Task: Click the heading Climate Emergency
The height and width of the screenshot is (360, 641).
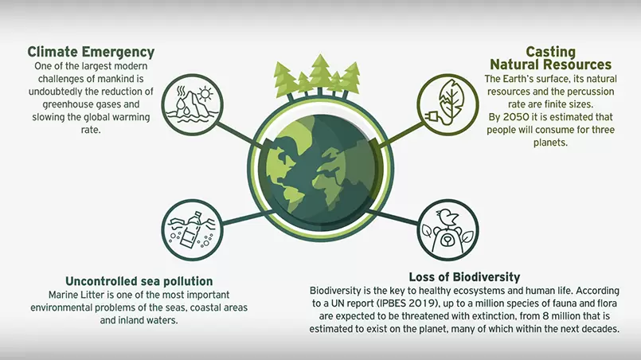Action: (91, 53)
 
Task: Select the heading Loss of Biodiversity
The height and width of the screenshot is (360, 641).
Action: (464, 277)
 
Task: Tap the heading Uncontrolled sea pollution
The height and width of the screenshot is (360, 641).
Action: (139, 281)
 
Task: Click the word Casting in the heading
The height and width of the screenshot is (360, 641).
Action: (551, 52)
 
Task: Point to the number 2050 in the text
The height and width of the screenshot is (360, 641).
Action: (516, 117)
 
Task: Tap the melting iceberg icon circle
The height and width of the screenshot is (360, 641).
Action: (192, 104)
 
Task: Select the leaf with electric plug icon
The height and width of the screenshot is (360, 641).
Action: (448, 104)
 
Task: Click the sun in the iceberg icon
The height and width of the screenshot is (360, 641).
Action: (205, 94)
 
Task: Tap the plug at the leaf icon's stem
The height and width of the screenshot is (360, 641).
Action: (431, 118)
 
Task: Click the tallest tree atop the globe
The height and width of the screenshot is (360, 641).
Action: (320, 73)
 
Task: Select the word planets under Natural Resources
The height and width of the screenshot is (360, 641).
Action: (550, 143)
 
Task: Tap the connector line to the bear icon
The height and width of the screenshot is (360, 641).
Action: (393, 217)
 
